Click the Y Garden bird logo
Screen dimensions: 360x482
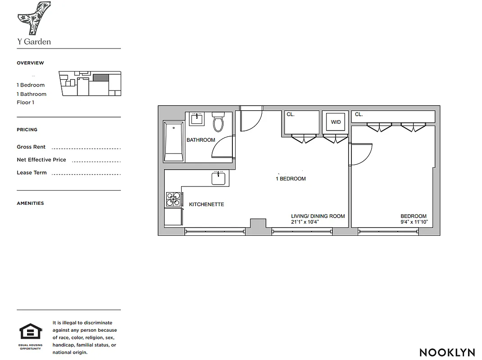click(x=34, y=18)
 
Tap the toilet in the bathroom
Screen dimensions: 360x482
click(x=218, y=122)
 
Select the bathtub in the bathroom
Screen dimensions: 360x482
click(x=174, y=141)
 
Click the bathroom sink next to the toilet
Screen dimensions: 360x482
click(x=196, y=119)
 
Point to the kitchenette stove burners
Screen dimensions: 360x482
click(x=173, y=199)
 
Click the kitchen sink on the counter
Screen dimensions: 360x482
click(x=218, y=178)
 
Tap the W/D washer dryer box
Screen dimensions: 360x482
click(x=336, y=121)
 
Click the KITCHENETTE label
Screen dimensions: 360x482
click(x=206, y=204)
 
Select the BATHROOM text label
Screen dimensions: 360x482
click(x=201, y=140)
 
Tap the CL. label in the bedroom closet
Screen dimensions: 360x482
click(x=359, y=114)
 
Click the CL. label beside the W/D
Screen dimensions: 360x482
click(x=291, y=114)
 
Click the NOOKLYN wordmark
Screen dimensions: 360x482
click(x=447, y=352)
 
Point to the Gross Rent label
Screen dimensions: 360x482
click(x=31, y=147)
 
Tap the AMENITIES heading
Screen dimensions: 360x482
click(x=30, y=203)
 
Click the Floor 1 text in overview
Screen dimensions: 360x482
click(x=26, y=103)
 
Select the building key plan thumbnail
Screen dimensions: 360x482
click(x=90, y=83)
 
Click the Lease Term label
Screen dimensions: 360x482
click(x=32, y=173)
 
